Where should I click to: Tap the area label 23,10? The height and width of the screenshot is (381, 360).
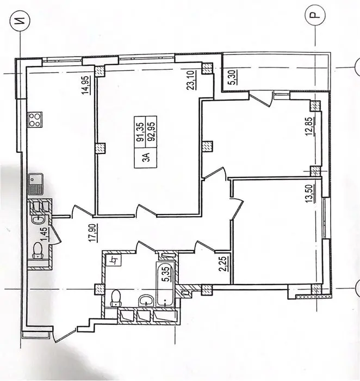[x=191, y=81]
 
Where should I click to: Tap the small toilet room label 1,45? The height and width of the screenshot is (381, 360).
[x=45, y=234]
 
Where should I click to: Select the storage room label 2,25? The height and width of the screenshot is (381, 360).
[x=224, y=264]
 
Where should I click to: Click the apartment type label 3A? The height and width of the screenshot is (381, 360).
[x=146, y=157]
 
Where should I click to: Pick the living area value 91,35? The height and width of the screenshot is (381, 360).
[x=140, y=132]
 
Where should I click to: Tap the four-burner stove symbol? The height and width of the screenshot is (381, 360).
[x=35, y=120]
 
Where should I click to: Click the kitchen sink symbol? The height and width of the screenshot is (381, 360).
[x=35, y=184]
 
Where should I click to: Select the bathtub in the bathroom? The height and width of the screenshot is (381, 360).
[x=165, y=285]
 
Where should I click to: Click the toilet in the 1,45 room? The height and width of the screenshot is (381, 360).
[x=38, y=250]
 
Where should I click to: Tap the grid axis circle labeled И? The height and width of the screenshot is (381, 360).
[x=20, y=21]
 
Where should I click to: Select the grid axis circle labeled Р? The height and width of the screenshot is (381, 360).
[x=315, y=16]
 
